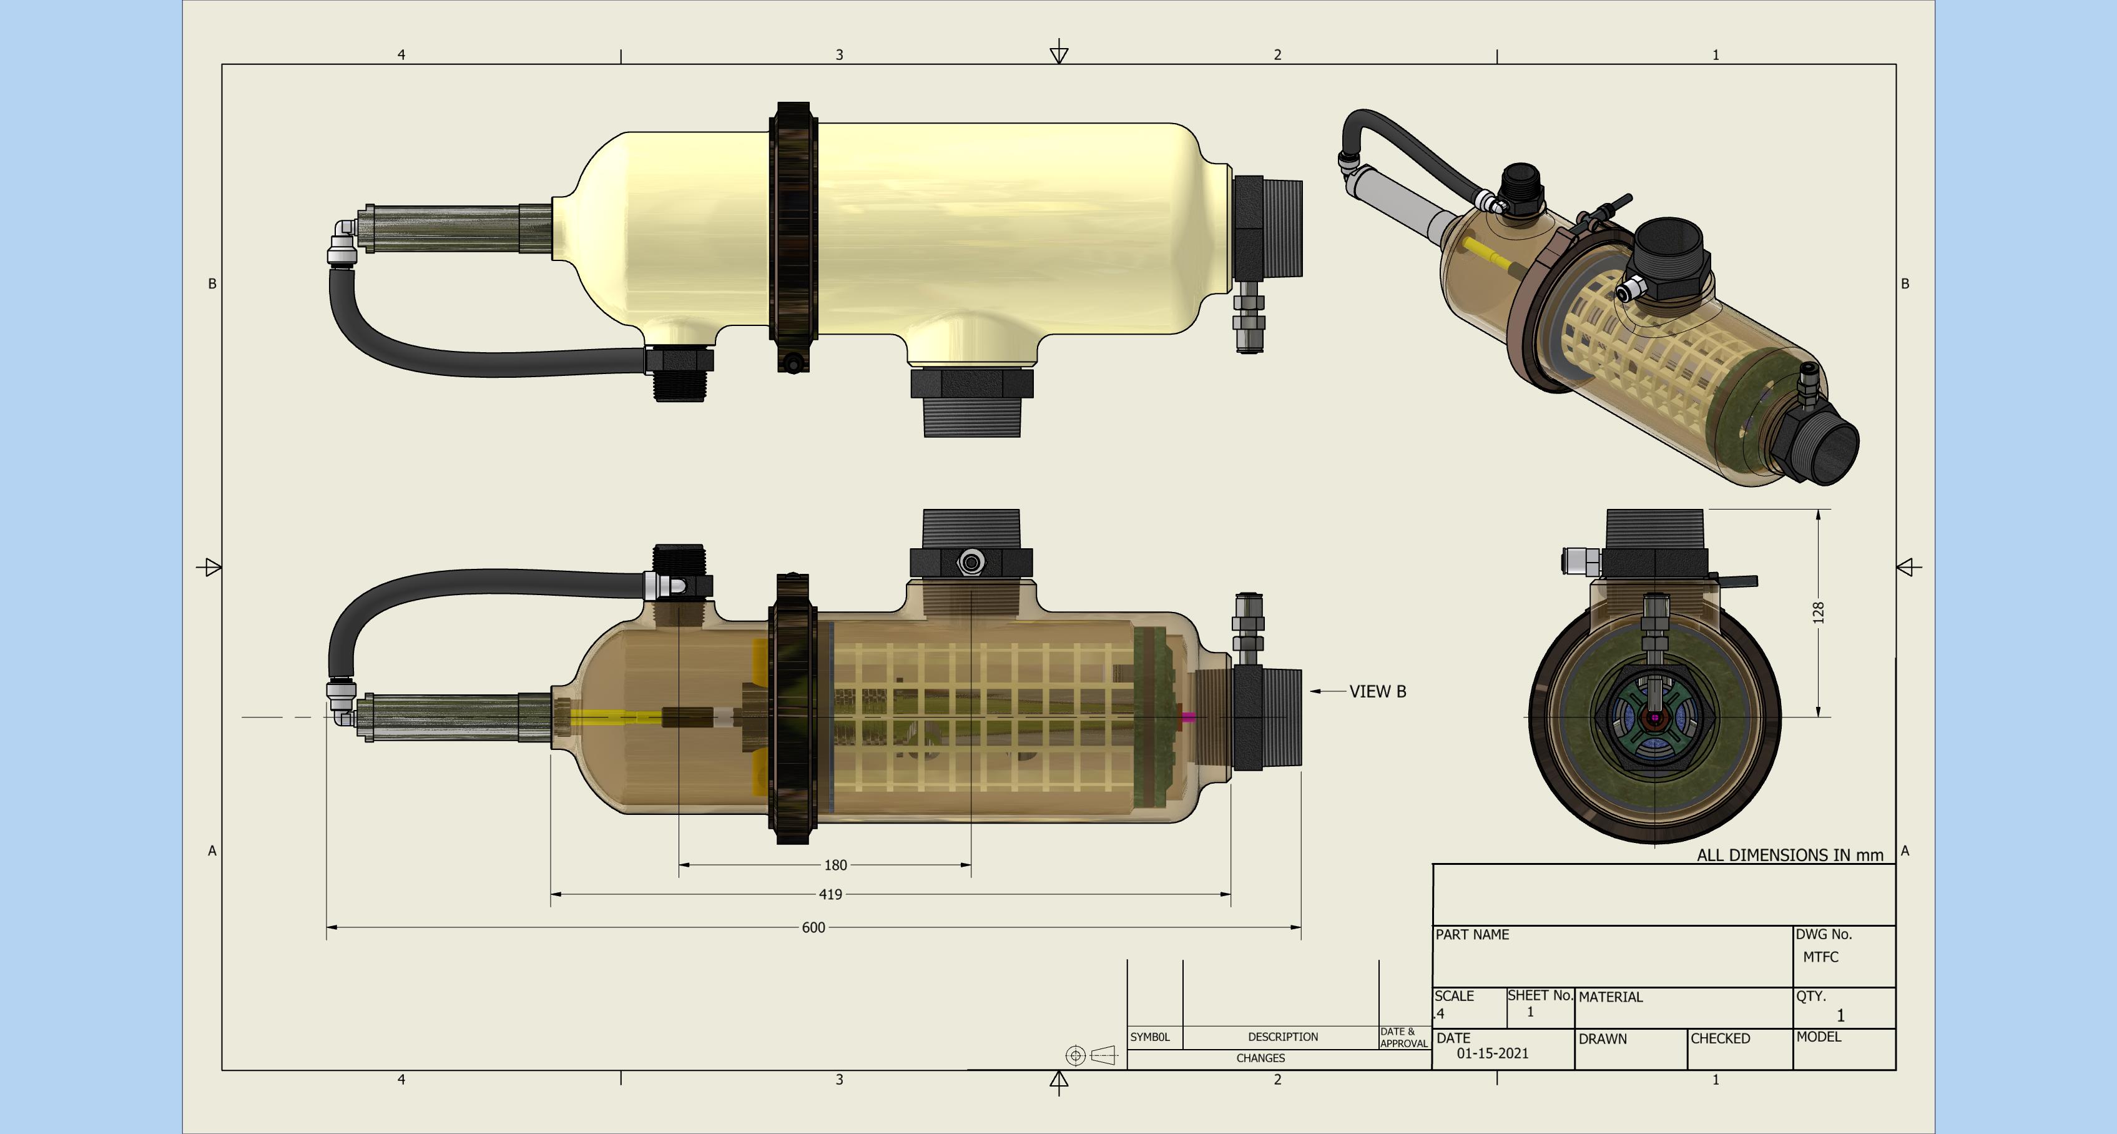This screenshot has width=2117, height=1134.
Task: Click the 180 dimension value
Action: pyautogui.click(x=835, y=865)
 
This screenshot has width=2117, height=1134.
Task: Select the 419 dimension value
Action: pyautogui.click(x=830, y=894)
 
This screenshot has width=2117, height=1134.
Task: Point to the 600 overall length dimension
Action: pyautogui.click(x=813, y=928)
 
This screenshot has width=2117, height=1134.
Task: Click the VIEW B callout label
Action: pyautogui.click(x=1377, y=692)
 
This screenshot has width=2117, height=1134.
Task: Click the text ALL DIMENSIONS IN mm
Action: pyautogui.click(x=1789, y=855)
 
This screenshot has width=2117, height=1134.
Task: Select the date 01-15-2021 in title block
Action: pyautogui.click(x=1493, y=1053)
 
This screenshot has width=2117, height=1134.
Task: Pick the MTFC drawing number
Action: pyautogui.click(x=1820, y=957)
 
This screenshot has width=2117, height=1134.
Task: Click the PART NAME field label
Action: pyautogui.click(x=1472, y=935)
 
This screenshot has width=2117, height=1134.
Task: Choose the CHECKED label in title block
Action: pyautogui.click(x=1720, y=1038)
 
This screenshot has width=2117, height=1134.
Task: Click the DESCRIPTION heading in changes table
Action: pyautogui.click(x=1282, y=1037)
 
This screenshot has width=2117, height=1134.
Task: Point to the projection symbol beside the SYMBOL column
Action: pyautogui.click(x=1091, y=1055)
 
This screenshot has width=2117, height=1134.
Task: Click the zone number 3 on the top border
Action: pyautogui.click(x=839, y=55)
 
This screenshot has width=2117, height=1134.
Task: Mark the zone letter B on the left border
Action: pyautogui.click(x=212, y=283)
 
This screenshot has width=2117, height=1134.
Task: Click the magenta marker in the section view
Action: pyautogui.click(x=1188, y=717)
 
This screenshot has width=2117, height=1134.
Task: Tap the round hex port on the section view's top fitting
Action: pyautogui.click(x=971, y=563)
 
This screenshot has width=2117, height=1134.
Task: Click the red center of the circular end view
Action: pyautogui.click(x=1654, y=717)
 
